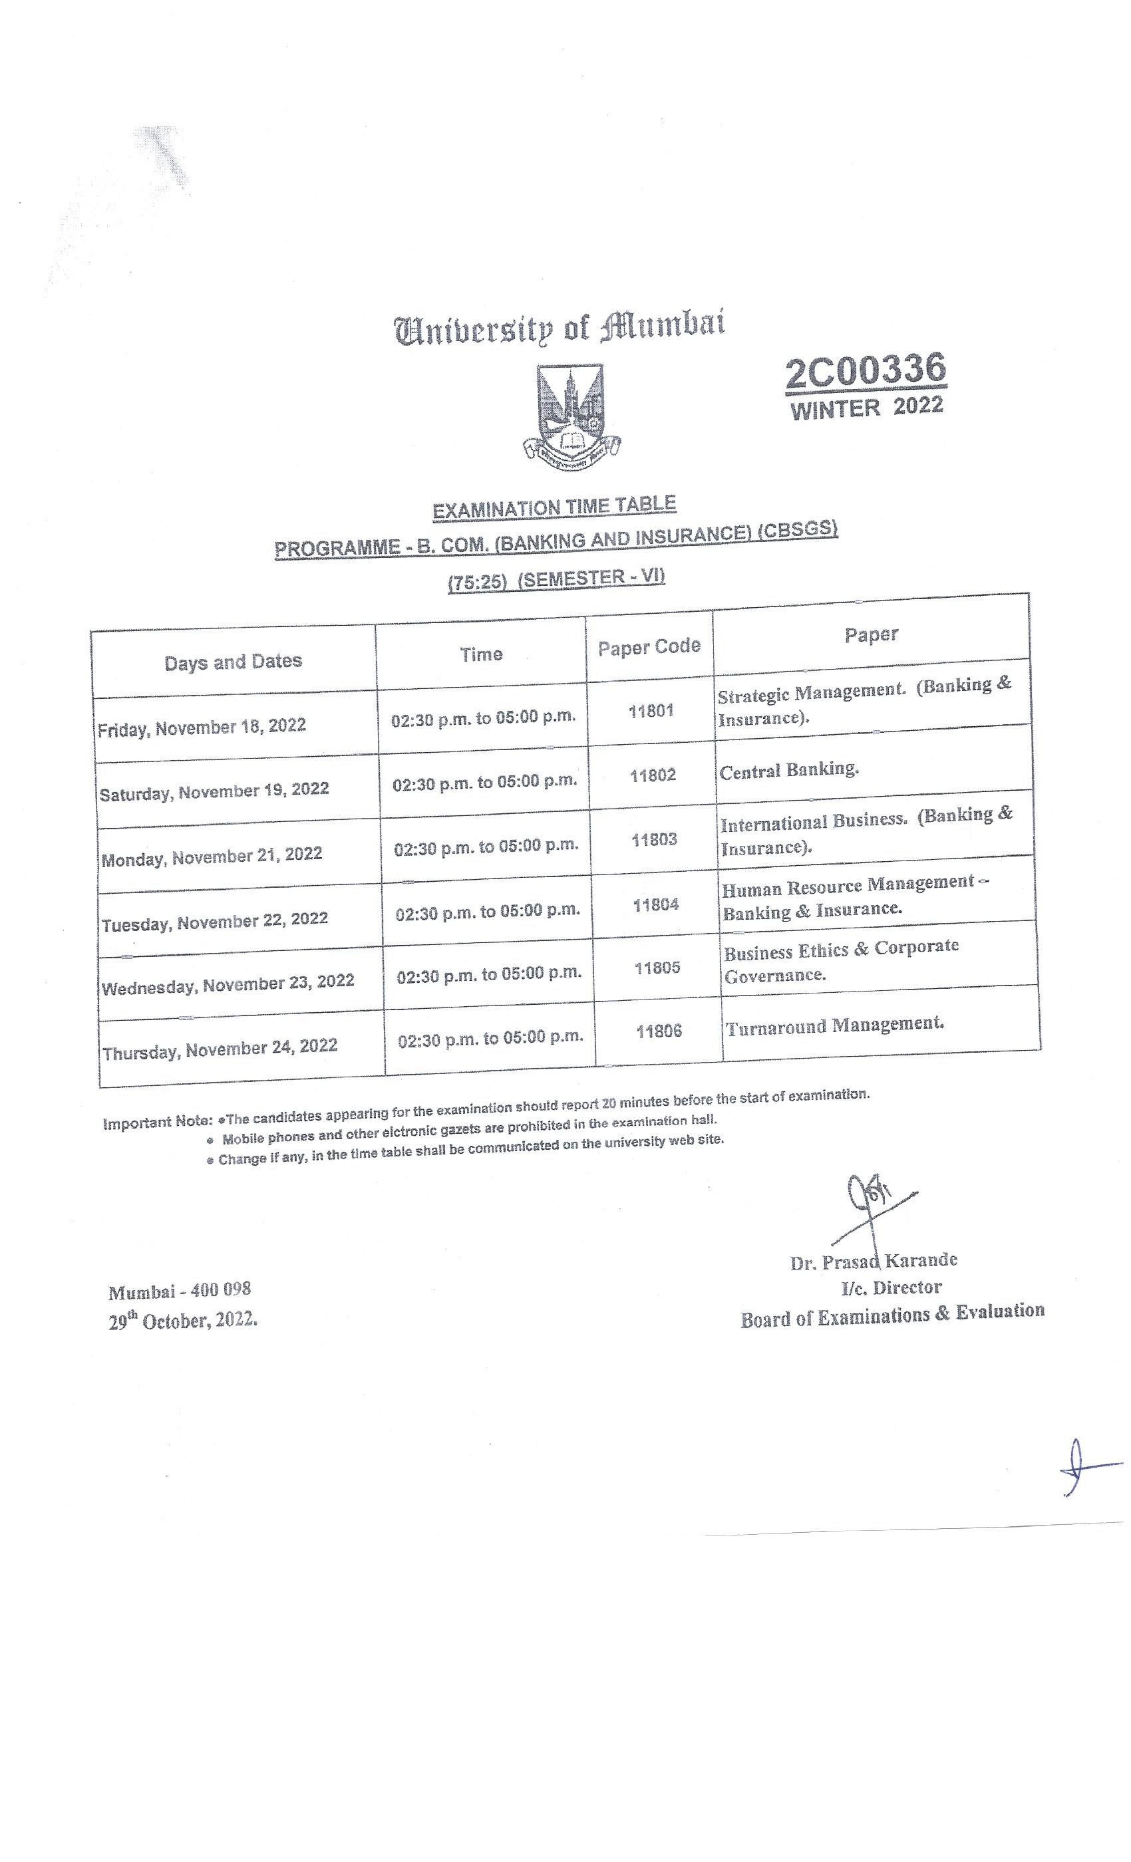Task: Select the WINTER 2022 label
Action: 867,408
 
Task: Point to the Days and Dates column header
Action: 233,662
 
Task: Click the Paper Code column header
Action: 649,647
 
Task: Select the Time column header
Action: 482,654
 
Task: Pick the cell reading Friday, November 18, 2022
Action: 202,728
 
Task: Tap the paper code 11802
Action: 653,775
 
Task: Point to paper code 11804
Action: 655,904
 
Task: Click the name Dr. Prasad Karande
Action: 873,1262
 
